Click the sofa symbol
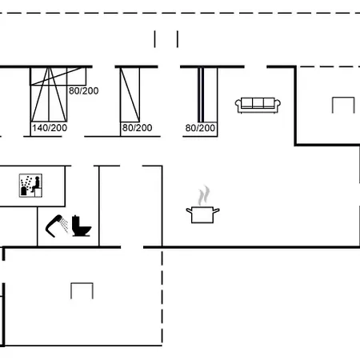click(258, 106)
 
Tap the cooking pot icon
click(202, 214)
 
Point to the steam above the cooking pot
click(204, 195)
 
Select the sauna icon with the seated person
click(30, 186)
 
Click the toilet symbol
click(82, 226)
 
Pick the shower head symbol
click(57, 226)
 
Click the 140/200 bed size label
click(50, 128)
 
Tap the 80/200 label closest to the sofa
click(200, 128)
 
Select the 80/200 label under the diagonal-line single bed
click(137, 128)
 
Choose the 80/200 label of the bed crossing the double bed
click(84, 91)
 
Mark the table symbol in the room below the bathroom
click(82, 283)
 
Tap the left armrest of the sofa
click(238, 105)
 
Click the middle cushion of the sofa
click(258, 103)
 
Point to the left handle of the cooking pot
click(189, 210)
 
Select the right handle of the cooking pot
click(216, 210)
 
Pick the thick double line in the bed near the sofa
click(201, 95)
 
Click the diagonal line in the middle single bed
click(130, 95)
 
